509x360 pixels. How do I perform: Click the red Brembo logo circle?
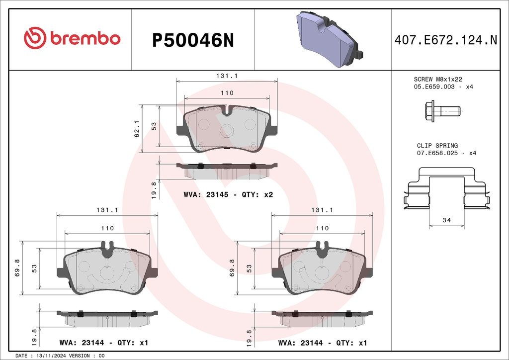(x=35, y=38)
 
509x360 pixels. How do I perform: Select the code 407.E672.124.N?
(x=446, y=40)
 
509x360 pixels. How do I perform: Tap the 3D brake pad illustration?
(x=330, y=39)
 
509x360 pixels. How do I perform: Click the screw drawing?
(x=442, y=111)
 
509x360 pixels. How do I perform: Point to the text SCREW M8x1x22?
(x=437, y=79)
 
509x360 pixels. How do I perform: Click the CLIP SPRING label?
(x=437, y=145)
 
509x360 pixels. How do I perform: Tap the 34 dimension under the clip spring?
(x=447, y=220)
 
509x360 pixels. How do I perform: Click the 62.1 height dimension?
(x=137, y=129)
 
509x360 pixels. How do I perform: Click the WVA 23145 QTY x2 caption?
(x=228, y=194)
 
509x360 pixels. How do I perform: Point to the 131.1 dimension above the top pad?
(x=227, y=76)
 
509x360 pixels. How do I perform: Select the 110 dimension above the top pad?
(x=227, y=93)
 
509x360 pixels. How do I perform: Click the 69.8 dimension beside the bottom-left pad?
(x=17, y=268)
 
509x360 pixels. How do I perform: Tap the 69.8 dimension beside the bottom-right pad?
(x=232, y=268)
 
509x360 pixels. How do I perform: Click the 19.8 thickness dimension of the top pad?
(x=154, y=190)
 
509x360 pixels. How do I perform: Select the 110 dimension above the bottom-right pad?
(x=322, y=228)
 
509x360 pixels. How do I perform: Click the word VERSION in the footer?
(x=80, y=356)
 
